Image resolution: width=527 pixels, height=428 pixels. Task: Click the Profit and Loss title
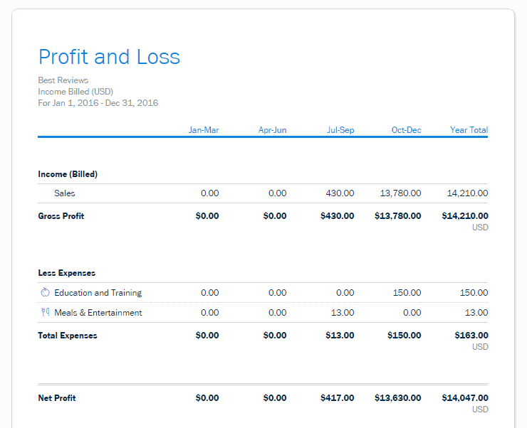[x=109, y=58]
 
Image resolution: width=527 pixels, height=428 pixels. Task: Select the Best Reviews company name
[x=63, y=80]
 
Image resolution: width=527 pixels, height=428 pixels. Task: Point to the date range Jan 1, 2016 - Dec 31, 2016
[x=98, y=103]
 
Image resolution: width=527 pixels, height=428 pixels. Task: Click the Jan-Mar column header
[x=204, y=130]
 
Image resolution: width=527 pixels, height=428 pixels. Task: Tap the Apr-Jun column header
[x=272, y=130]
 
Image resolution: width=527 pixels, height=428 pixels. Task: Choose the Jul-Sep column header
[x=340, y=130]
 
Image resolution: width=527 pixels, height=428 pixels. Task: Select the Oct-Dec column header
[x=406, y=130]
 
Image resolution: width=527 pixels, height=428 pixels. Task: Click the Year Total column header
[x=469, y=130]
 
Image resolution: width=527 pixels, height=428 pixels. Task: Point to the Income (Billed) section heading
[x=68, y=174]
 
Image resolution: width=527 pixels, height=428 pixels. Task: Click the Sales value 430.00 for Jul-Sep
[x=340, y=193]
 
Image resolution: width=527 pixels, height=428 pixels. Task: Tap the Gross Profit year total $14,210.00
[x=465, y=216]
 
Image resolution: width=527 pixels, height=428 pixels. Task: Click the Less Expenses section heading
[x=66, y=273]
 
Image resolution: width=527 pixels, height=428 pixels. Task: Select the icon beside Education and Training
[x=45, y=293]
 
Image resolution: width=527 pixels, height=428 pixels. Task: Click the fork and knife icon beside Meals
[x=45, y=313]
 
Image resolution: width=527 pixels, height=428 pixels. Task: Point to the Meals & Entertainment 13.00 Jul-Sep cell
[x=343, y=313]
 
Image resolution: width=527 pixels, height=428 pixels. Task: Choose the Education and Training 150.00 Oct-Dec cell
[x=407, y=293]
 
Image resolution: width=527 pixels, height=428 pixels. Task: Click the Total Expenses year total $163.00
[x=471, y=336]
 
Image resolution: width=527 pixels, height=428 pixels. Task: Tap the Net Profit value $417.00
[x=337, y=398]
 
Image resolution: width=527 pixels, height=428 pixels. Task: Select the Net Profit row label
[x=57, y=398]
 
